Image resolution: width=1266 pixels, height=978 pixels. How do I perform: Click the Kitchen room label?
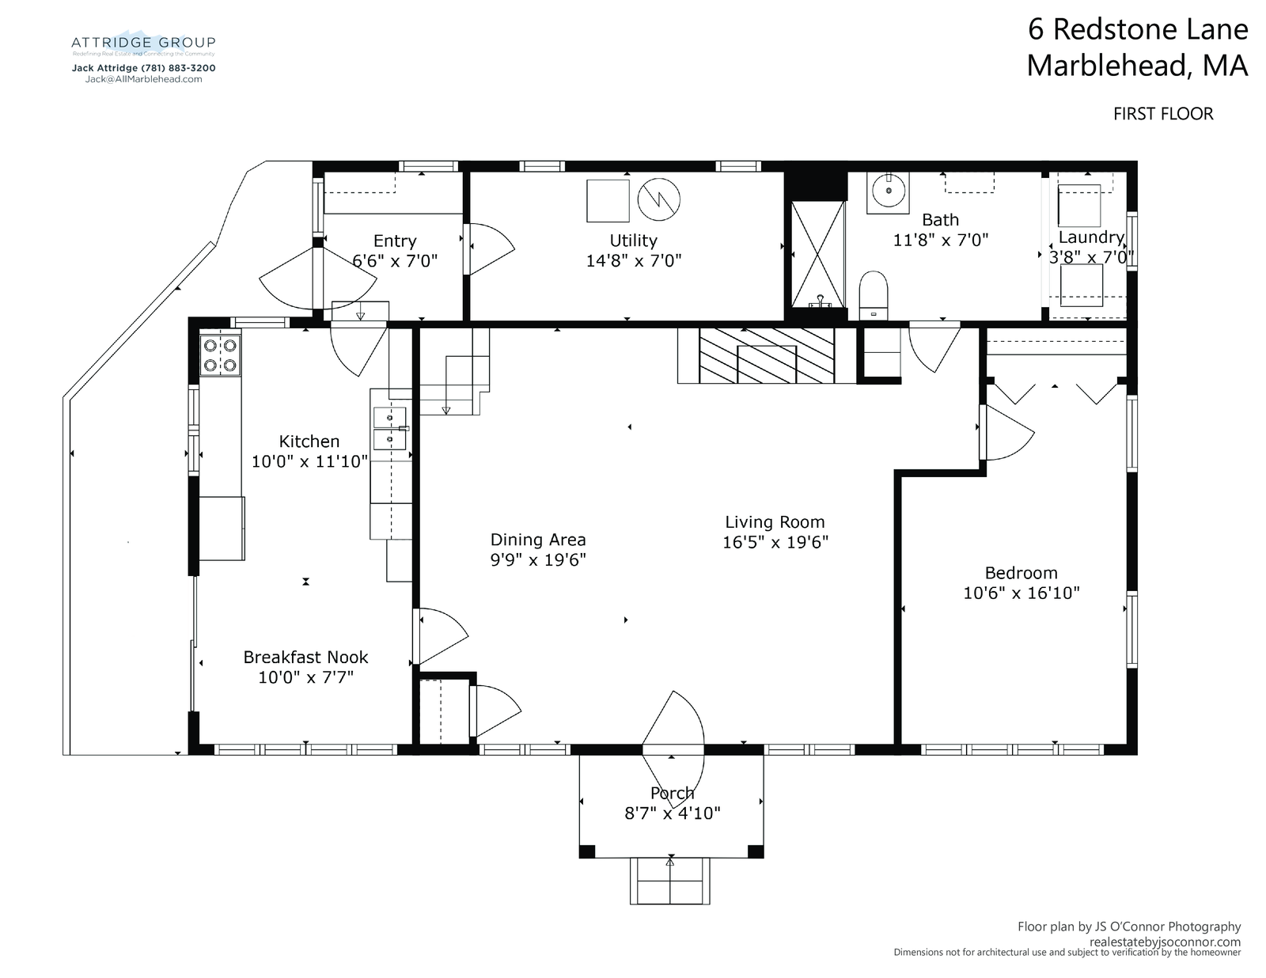(x=309, y=441)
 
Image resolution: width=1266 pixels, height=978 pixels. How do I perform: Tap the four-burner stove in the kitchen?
(x=220, y=355)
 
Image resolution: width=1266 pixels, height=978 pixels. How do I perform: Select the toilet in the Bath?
(x=874, y=295)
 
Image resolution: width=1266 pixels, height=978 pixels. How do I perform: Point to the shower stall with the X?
(x=818, y=254)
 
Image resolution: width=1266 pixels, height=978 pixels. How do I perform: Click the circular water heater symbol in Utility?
(x=659, y=200)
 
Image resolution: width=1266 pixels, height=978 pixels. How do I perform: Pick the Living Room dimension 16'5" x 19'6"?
(x=775, y=542)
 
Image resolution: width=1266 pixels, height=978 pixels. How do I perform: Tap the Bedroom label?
(x=1022, y=573)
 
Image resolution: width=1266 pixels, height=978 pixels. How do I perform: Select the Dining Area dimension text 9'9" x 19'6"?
(x=538, y=559)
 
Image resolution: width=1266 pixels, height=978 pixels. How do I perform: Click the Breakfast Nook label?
(x=306, y=657)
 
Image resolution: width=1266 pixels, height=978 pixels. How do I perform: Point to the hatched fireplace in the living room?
(x=767, y=355)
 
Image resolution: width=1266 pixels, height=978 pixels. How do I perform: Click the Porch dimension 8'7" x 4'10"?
(x=673, y=813)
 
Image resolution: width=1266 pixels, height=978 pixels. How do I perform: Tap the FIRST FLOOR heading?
(x=1163, y=114)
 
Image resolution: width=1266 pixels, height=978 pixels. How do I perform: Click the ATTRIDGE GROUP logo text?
(x=143, y=43)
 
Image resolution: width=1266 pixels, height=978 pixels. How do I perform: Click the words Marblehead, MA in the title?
(x=1137, y=65)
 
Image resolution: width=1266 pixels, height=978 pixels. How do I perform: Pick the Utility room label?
(x=633, y=241)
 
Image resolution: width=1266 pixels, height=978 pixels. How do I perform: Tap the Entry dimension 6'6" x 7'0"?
(x=395, y=261)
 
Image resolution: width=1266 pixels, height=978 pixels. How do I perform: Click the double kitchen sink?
(x=390, y=428)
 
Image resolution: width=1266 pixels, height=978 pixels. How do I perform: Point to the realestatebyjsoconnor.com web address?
(x=1166, y=942)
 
